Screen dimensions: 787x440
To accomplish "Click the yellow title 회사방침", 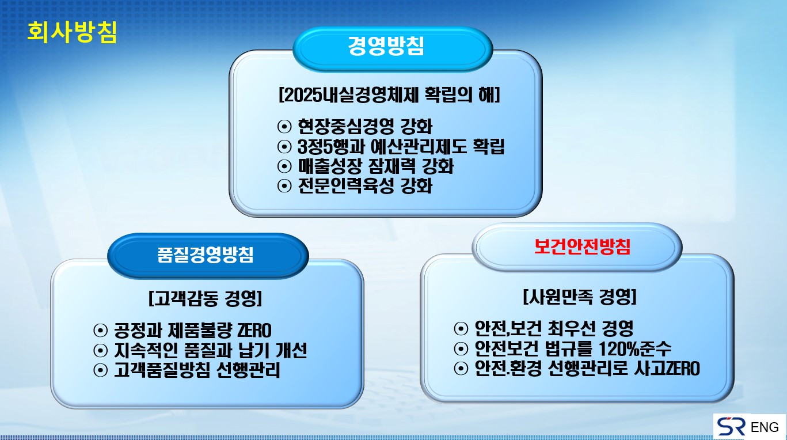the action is tap(72, 32).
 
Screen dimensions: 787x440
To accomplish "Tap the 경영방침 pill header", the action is tap(392, 49).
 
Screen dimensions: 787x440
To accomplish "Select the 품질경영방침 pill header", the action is tap(208, 256).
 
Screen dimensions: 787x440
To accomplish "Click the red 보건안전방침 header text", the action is tap(582, 246).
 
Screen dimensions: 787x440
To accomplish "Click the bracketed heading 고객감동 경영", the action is tap(205, 298).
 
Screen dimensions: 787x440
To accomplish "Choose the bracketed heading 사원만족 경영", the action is tap(580, 297).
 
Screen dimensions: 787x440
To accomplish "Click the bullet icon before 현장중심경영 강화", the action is tap(284, 127).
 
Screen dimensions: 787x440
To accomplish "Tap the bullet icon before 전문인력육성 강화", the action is tap(284, 186).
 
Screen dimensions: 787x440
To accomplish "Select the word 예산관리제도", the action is tap(419, 146).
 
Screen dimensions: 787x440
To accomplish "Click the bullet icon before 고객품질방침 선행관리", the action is tap(101, 370).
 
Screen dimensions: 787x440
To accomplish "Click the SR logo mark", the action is tap(731, 426).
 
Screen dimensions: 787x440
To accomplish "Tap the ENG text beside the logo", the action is tap(765, 427).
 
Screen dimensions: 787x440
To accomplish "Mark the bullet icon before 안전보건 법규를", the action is tap(461, 348).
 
